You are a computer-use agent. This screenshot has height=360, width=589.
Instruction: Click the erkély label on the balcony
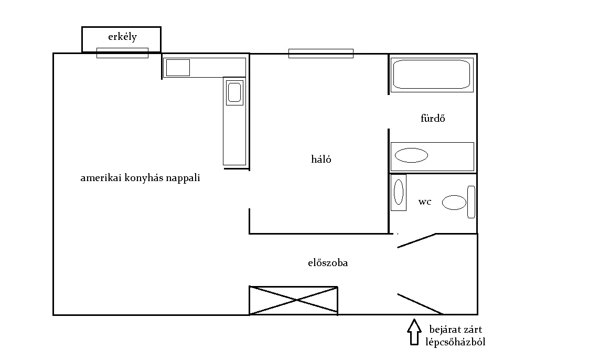122,37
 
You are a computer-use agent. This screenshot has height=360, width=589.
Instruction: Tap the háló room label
321,160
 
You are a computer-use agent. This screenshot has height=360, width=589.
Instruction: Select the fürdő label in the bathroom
433,119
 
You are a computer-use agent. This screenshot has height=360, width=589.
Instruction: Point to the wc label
425,202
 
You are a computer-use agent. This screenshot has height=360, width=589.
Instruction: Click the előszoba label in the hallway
328,263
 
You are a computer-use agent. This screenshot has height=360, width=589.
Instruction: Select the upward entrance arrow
414,332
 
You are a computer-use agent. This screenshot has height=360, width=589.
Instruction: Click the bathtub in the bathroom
432,75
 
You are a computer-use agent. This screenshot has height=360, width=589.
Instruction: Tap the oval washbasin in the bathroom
411,155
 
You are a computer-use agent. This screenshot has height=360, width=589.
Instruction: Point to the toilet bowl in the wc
454,203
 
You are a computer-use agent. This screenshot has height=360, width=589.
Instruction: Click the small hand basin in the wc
399,192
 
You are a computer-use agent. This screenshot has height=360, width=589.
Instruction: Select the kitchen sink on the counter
234,92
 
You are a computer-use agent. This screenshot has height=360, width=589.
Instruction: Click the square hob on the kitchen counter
178,68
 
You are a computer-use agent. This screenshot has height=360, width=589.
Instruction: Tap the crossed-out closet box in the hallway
293,300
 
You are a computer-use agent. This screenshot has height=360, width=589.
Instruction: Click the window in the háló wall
321,54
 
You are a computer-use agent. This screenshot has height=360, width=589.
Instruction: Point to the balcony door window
122,53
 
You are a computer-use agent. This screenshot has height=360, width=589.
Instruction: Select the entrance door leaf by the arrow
420,304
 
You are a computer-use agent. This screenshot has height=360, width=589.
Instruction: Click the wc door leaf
417,240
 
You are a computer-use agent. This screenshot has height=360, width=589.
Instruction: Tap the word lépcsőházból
455,342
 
